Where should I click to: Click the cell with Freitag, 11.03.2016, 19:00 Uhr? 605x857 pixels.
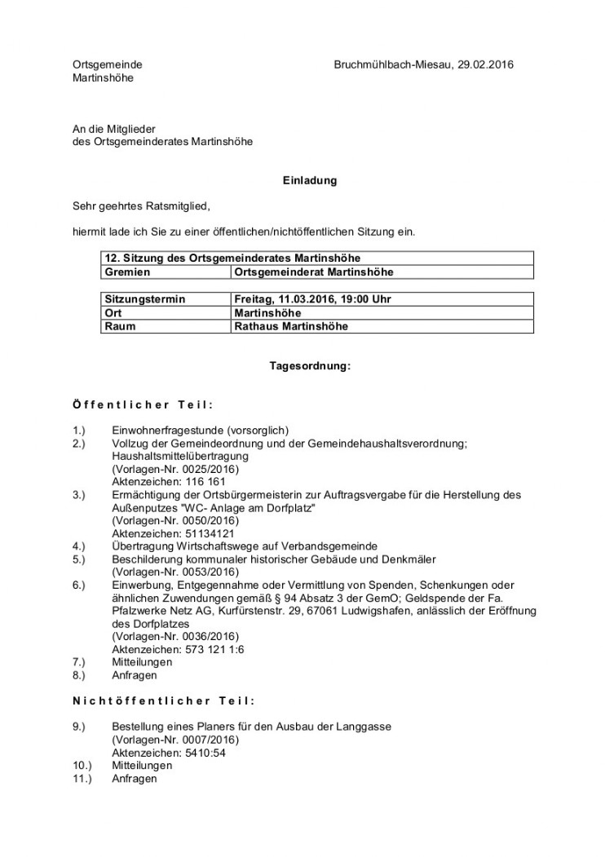(312, 299)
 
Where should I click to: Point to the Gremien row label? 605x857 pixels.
(127, 272)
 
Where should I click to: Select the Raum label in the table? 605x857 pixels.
(119, 326)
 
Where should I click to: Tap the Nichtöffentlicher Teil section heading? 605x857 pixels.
(163, 700)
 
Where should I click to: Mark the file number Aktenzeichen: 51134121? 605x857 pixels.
(165, 532)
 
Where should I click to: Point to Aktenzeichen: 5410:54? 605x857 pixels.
(168, 753)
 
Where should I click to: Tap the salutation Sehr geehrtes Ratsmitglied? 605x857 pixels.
(147, 206)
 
